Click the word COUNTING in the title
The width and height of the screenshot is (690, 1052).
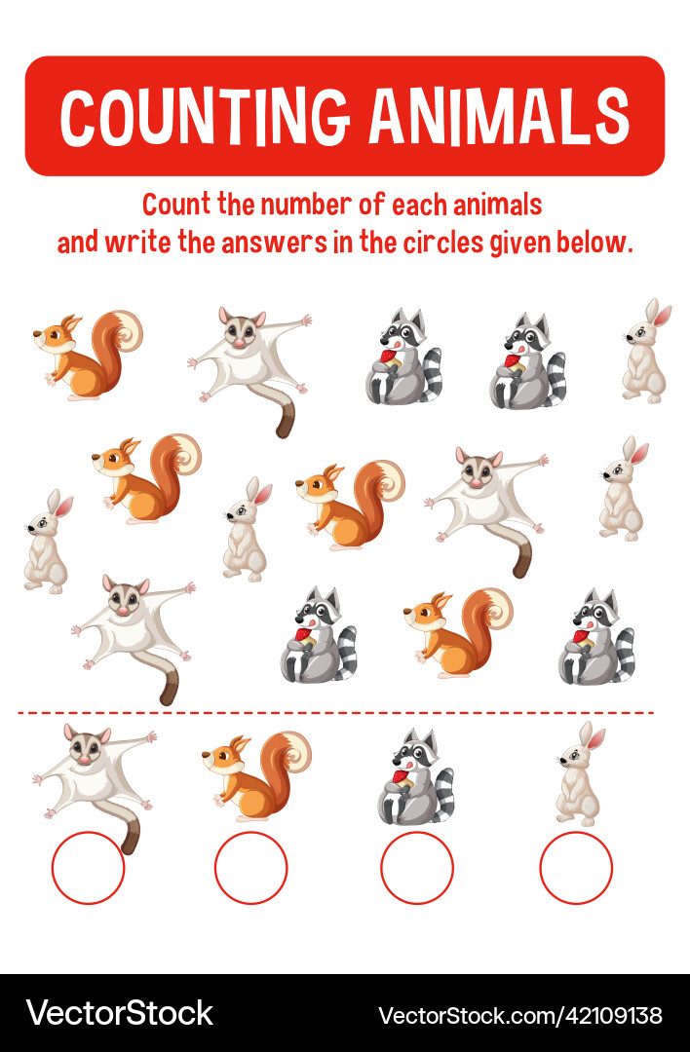(x=206, y=117)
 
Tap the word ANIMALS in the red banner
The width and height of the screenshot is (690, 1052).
(x=498, y=117)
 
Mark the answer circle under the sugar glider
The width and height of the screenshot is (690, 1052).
(x=88, y=867)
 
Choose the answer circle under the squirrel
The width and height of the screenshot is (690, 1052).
(x=250, y=867)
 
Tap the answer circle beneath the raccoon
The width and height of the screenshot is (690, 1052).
(x=417, y=867)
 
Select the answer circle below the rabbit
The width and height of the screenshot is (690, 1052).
(x=576, y=867)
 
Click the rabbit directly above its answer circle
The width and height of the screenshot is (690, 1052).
(x=577, y=774)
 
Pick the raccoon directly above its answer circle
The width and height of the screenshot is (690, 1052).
(x=416, y=777)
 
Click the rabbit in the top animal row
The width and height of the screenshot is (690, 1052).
(x=645, y=352)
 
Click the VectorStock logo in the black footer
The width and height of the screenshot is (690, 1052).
(x=119, y=1013)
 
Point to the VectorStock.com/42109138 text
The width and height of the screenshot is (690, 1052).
(x=519, y=1014)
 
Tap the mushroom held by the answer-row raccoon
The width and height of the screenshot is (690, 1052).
(x=399, y=778)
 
